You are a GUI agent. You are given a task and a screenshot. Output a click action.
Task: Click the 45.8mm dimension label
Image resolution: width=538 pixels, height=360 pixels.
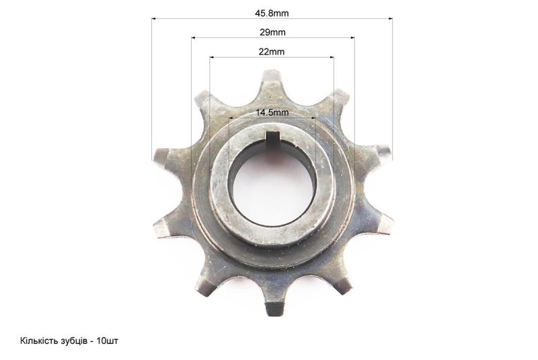(272, 13)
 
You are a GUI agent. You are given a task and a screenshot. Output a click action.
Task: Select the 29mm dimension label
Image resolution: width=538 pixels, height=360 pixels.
(272, 32)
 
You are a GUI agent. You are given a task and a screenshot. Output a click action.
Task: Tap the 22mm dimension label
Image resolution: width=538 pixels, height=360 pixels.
(272, 52)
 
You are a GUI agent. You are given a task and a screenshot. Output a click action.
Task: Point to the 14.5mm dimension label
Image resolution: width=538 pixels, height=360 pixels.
(272, 112)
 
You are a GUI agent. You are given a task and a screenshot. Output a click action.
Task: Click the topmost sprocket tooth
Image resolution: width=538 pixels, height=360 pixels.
(272, 81)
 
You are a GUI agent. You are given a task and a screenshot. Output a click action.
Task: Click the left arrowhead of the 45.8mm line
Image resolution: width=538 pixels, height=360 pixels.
(154, 19)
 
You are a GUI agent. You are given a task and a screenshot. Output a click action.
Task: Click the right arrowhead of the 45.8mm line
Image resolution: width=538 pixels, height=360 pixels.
(390, 19)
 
